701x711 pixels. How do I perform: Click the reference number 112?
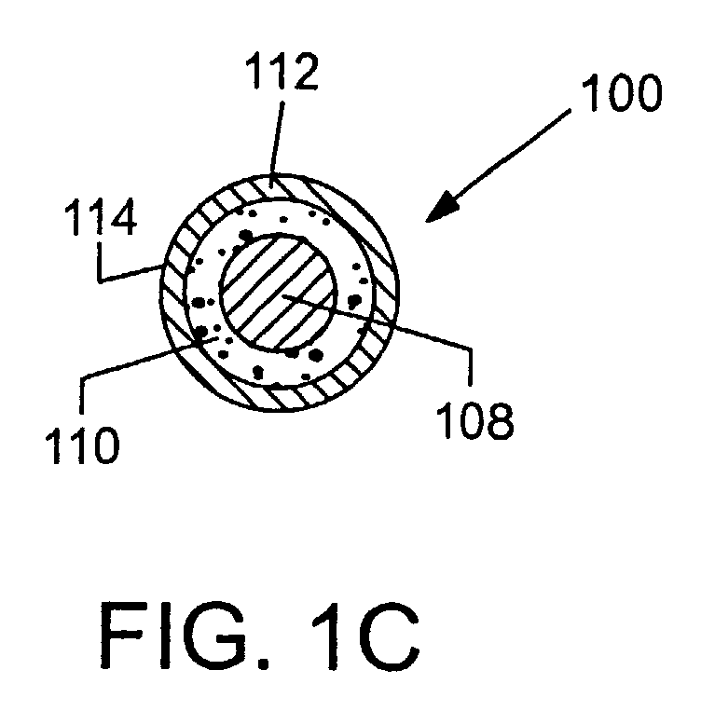click(282, 71)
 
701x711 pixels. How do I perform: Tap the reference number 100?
click(622, 92)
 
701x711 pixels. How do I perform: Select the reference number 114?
click(101, 217)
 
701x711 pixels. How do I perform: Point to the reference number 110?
click(82, 444)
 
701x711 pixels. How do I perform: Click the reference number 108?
click(475, 421)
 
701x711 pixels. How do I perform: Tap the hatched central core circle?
click(278, 293)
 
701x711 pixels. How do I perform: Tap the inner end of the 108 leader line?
click(282, 295)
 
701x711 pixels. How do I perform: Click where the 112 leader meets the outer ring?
click(272, 174)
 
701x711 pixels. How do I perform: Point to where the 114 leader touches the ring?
click(163, 266)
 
